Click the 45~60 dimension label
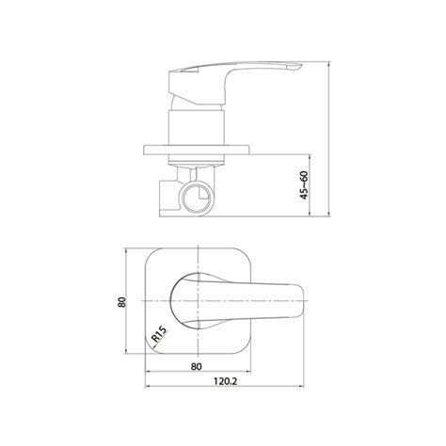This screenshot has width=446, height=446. (x=304, y=185)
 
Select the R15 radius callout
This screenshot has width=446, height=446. (x=159, y=334)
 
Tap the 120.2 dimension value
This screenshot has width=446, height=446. (x=226, y=381)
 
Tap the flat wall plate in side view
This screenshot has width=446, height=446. (x=197, y=150)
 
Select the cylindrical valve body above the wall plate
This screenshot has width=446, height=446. (x=197, y=128)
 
